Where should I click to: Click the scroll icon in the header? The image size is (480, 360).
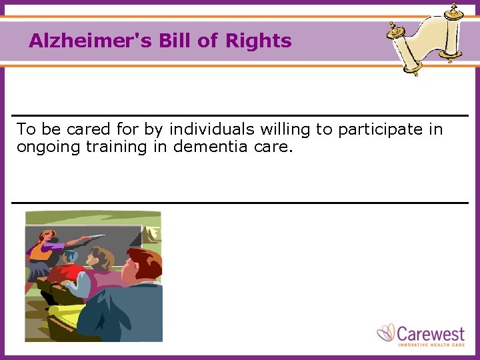pos(426,38)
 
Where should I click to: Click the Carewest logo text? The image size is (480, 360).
pos(430,332)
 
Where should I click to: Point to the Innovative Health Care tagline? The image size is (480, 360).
pos(431,344)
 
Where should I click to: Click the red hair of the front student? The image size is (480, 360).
pos(143,261)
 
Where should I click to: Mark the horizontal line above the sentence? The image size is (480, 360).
pos(240,116)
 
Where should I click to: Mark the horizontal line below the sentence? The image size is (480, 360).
pos(240,202)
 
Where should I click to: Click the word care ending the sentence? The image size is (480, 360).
pos(273,147)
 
